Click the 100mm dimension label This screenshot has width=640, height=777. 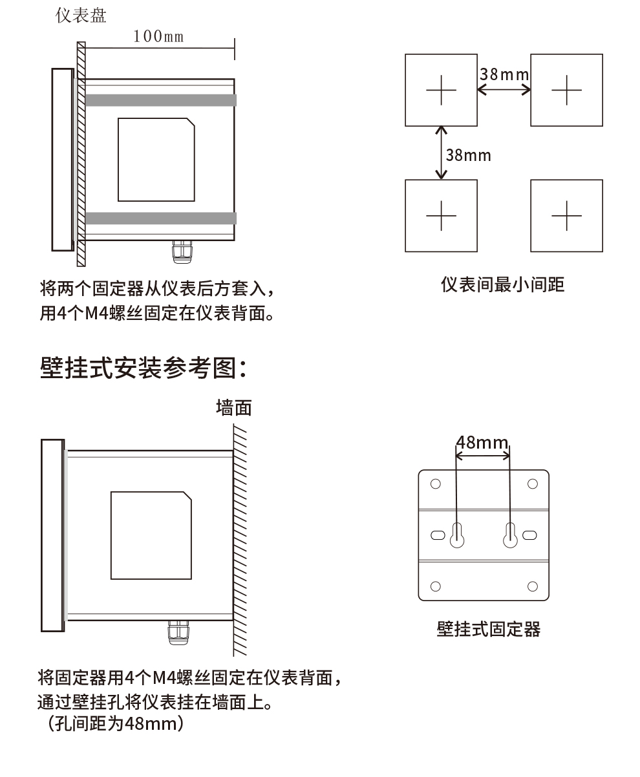(x=158, y=36)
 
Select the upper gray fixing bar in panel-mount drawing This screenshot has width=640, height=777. (x=160, y=100)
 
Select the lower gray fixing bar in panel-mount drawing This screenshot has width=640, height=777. (x=160, y=218)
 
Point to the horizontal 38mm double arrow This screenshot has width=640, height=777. (x=504, y=89)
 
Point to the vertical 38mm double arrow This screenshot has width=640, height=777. (x=442, y=153)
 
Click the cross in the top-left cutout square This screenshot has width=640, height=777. (x=441, y=90)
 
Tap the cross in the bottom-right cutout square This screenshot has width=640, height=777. (x=566, y=215)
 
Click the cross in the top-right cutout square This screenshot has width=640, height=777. (x=566, y=90)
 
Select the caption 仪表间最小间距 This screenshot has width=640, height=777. (x=502, y=284)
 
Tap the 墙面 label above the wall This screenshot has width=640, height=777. (x=233, y=407)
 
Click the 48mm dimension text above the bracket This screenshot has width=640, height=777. (x=482, y=443)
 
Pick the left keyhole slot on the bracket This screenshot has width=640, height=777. (x=457, y=535)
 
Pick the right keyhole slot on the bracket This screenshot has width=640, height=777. (x=510, y=535)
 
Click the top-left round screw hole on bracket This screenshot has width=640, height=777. (x=435, y=484)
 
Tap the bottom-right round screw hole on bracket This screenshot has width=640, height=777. (x=533, y=586)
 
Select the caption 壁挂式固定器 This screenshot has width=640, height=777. (x=488, y=629)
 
